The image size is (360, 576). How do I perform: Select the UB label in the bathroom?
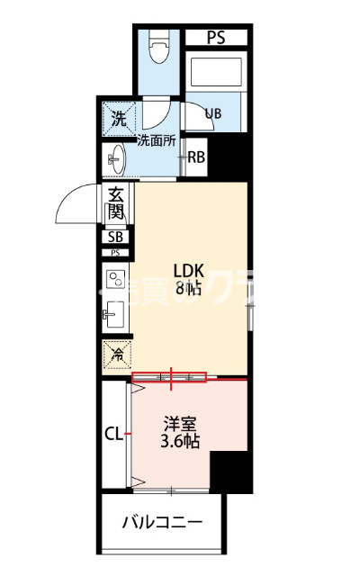coord(213,113)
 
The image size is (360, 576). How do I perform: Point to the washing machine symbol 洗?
coord(118,116)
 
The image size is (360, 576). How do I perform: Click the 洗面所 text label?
coord(156,139)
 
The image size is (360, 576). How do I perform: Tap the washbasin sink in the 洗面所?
coord(115,161)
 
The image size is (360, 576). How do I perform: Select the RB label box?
coord(197,157)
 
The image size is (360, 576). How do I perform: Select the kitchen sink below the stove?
coord(114,315)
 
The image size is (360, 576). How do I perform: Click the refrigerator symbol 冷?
coord(116,355)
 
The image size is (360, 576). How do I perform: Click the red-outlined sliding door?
coord(169,378)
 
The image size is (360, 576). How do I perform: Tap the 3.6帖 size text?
coord(179,440)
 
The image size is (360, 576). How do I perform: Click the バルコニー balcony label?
coord(163,523)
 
